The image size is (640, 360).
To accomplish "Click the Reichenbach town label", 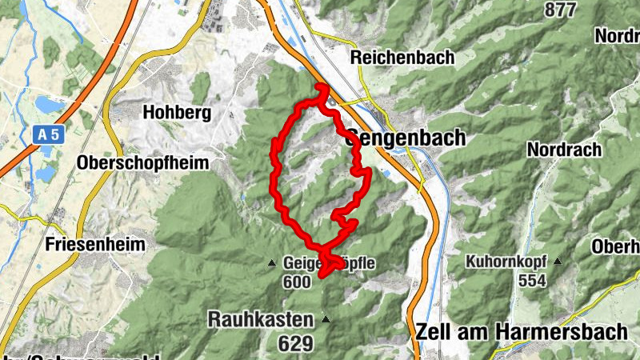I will [402, 58].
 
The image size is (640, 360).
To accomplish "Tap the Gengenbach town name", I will [406, 138].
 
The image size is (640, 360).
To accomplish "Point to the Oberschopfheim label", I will [142, 162].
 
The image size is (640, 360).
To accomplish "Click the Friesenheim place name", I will [95, 243].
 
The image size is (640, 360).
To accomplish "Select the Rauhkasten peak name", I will [261, 319].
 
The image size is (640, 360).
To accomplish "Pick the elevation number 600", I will [296, 282].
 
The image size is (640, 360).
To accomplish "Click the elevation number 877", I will [560, 10].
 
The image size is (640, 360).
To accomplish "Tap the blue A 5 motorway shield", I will [48, 136].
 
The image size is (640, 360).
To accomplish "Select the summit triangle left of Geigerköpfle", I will [272, 262].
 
